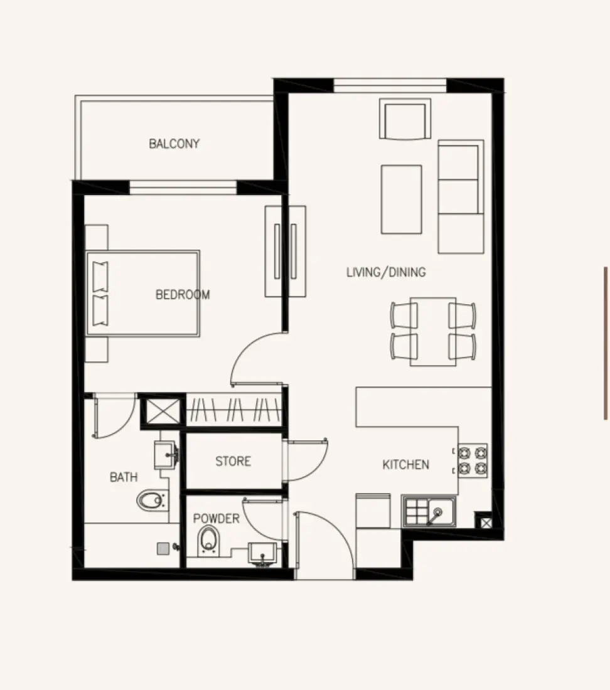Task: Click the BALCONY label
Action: coord(174,144)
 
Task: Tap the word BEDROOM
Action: coord(183,294)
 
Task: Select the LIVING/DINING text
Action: coord(386,272)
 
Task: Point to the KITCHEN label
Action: coord(406,465)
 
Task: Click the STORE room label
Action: coord(233,462)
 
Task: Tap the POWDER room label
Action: coord(216,519)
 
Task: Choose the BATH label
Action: coord(124,477)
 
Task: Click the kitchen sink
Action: coord(429,511)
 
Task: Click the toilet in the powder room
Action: coord(208,540)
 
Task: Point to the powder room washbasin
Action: coord(262,554)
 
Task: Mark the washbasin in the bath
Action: coord(166,450)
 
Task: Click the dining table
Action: coord(433,331)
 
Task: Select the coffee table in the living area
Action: coord(401,199)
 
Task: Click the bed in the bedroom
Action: coord(143,294)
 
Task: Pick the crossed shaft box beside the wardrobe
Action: coord(162,411)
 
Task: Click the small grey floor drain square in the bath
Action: coord(163,548)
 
